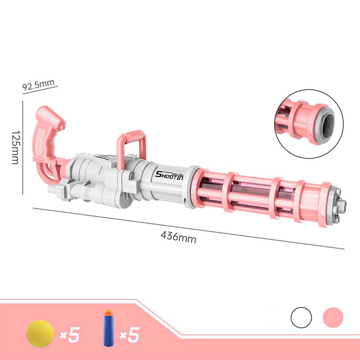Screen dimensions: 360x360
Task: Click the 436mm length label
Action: [x=178, y=237]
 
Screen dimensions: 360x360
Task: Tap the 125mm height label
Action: [x=16, y=148]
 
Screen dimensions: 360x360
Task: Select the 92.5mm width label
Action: [x=38, y=85]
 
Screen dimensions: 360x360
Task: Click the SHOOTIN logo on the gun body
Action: [x=170, y=175]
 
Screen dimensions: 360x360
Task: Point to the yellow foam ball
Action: [x=40, y=333]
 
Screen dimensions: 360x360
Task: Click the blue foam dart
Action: [x=108, y=328]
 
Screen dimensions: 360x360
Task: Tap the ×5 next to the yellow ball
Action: [x=70, y=335]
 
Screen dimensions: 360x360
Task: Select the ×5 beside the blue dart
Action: [x=130, y=335]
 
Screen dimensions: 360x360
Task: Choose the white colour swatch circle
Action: [x=301, y=318]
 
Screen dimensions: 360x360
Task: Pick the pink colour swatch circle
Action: [x=333, y=318]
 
